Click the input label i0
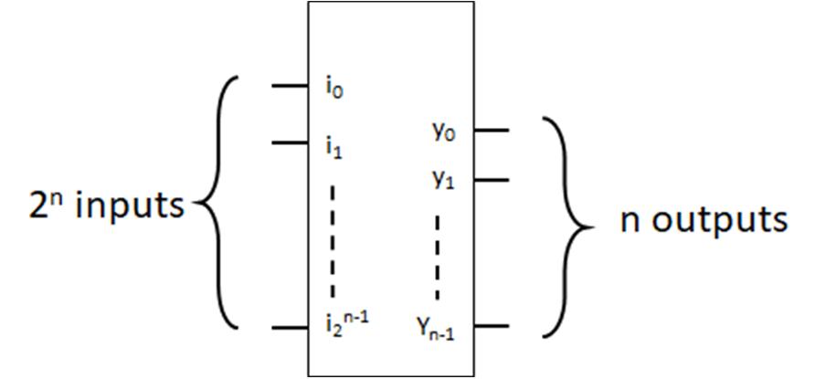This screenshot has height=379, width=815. [334, 89]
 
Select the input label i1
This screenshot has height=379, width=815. [334, 145]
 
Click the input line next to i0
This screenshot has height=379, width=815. [290, 88]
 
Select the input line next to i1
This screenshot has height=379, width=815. [290, 142]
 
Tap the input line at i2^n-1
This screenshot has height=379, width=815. [290, 327]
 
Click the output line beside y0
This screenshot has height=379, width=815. [491, 130]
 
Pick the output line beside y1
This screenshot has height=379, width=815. [491, 180]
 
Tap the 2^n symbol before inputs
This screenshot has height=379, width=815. [42, 205]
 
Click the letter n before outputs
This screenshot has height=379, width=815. [630, 221]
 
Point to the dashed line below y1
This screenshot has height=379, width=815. [438, 257]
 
